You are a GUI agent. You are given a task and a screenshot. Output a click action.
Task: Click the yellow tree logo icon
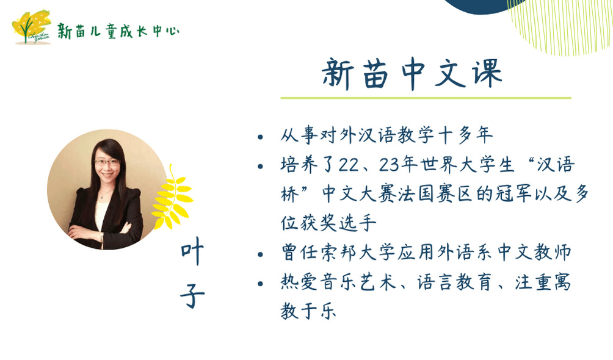click(31, 27)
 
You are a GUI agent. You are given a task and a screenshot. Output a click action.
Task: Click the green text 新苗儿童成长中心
click(118, 31)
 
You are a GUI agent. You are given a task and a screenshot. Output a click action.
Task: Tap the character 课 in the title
click(487, 73)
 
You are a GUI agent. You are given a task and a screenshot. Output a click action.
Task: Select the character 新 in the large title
click(338, 74)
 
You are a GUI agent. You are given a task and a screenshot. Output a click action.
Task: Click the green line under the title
click(426, 98)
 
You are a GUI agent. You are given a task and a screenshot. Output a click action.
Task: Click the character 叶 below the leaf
click(192, 253)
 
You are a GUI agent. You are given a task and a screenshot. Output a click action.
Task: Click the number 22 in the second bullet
click(349, 165)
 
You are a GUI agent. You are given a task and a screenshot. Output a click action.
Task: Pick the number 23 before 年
click(389, 165)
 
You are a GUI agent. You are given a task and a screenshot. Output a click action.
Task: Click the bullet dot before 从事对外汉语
click(260, 137)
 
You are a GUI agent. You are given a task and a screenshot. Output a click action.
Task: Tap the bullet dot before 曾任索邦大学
click(260, 254)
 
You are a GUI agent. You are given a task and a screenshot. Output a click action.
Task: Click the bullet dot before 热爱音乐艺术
click(260, 284)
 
